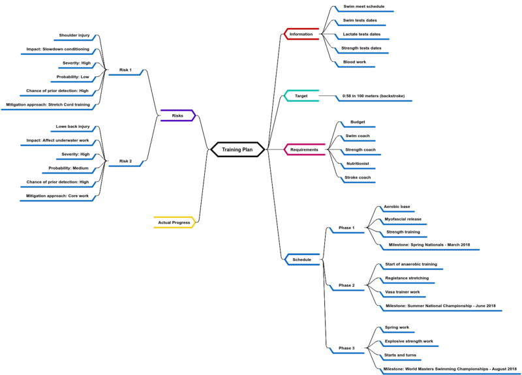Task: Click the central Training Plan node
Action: click(x=238, y=149)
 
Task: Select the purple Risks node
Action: click(x=177, y=115)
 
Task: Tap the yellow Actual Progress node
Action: click(x=174, y=222)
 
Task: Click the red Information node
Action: click(x=301, y=34)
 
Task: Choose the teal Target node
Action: click(x=301, y=96)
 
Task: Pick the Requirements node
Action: click(x=304, y=149)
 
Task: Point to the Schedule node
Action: click(x=302, y=260)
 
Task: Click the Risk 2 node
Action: click(x=125, y=160)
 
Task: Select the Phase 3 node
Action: click(x=346, y=348)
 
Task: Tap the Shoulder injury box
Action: click(x=74, y=35)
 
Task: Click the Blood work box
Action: click(x=355, y=62)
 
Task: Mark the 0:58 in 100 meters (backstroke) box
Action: click(x=373, y=96)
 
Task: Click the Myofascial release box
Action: click(x=403, y=219)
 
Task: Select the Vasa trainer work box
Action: click(x=403, y=292)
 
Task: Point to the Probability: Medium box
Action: click(x=68, y=168)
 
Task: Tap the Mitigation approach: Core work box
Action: click(x=57, y=196)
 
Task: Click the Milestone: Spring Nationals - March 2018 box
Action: click(x=429, y=245)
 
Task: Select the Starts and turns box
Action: click(x=400, y=355)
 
